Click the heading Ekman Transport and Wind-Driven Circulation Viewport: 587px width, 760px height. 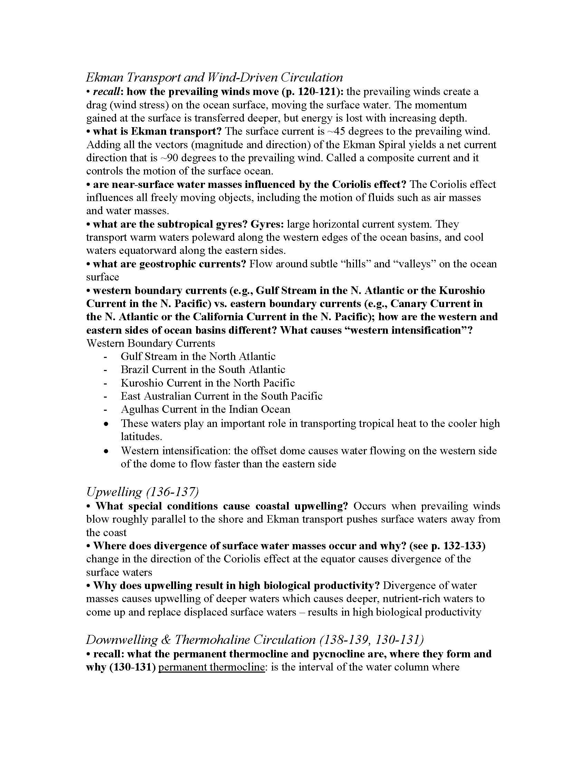(214, 77)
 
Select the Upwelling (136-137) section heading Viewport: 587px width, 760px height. (142, 492)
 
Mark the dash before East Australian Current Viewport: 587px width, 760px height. (105, 396)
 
